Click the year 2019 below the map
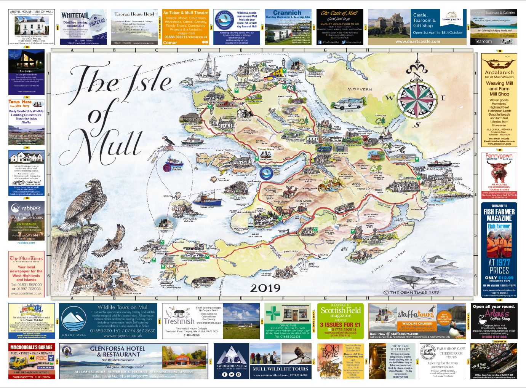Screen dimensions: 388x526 [265, 288]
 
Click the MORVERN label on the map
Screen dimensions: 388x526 [360, 89]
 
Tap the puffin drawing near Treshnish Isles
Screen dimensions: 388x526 [168, 141]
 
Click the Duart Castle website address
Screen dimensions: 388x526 [417, 41]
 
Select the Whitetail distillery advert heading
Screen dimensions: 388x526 [75, 16]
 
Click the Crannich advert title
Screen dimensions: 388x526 [288, 13]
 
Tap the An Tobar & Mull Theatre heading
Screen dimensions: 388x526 [185, 13]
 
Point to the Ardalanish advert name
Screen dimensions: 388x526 [499, 72]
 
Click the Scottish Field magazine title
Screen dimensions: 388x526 [340, 310]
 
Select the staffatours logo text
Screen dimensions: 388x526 [415, 314]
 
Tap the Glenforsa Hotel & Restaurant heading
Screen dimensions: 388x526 [117, 351]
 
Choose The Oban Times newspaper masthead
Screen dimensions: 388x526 [26, 258]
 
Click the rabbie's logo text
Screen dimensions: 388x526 [31, 208]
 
